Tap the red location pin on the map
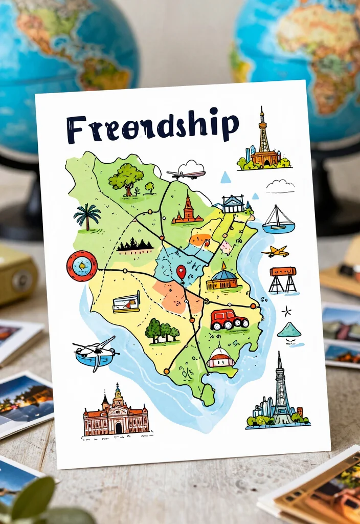(181, 271)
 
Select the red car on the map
(229, 319)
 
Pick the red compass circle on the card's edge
(82, 266)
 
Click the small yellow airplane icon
(275, 251)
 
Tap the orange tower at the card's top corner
(263, 141)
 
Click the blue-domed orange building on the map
(222, 279)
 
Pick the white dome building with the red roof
(220, 356)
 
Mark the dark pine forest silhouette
(134, 245)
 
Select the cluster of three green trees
(162, 331)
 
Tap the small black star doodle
(286, 311)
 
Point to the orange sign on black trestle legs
(283, 279)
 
